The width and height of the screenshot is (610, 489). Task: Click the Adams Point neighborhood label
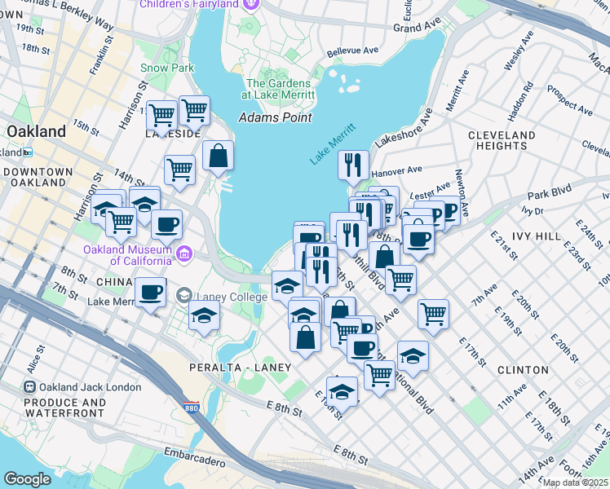pos(275,117)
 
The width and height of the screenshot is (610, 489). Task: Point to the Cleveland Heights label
pos(502,140)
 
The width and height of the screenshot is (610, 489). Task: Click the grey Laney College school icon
pos(186,295)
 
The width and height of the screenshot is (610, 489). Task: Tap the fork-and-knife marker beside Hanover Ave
pos(353,165)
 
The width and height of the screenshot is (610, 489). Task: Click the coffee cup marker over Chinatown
pos(151,292)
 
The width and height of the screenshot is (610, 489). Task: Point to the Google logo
pos(27,478)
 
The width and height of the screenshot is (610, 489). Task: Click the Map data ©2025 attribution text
pos(575,482)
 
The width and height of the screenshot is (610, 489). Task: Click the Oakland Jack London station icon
pos(29,386)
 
